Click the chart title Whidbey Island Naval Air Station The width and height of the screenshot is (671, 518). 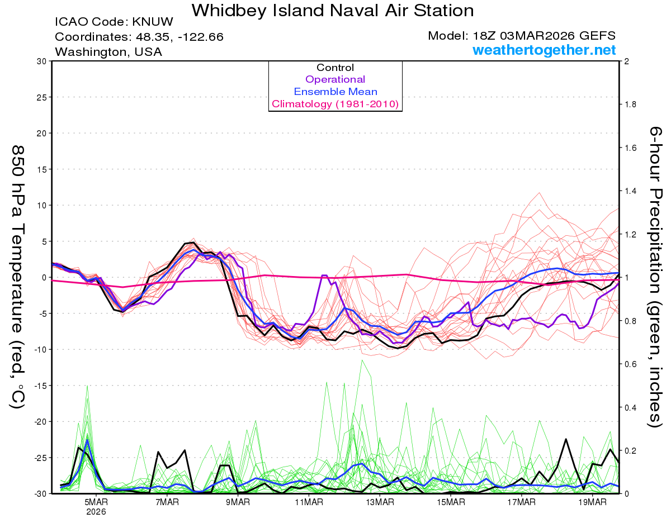[x=333, y=10]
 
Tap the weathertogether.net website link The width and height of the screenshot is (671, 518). [x=544, y=50]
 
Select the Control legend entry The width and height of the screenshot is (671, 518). [x=335, y=68]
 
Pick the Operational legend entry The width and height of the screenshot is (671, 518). [x=335, y=79]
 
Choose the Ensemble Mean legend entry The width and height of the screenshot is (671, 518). [x=335, y=92]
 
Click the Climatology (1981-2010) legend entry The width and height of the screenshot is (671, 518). [x=335, y=104]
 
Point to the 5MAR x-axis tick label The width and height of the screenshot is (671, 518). [x=96, y=502]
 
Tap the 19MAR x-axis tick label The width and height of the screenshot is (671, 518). [x=592, y=502]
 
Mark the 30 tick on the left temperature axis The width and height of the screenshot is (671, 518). [x=41, y=61]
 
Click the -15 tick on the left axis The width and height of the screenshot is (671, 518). [x=39, y=386]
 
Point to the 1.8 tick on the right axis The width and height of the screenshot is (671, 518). [x=630, y=104]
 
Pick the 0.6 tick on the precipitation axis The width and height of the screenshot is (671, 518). [x=630, y=364]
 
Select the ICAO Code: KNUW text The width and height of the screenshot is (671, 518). [x=114, y=22]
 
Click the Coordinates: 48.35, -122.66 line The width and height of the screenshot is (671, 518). [x=139, y=37]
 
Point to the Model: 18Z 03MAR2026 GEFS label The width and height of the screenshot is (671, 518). [x=521, y=36]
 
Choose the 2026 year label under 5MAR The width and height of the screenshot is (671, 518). [x=96, y=511]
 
